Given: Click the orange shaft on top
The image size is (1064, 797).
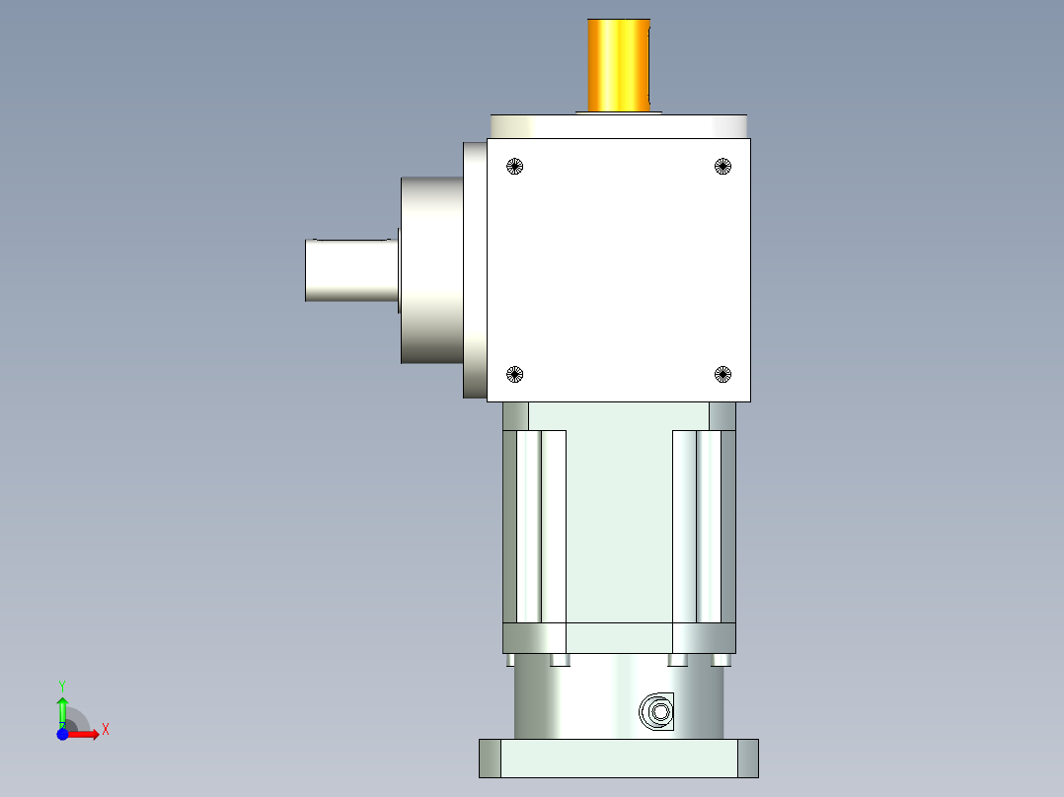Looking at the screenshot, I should [619, 65].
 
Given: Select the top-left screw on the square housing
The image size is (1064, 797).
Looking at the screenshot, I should [513, 166].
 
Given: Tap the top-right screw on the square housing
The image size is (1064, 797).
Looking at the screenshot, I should [722, 166].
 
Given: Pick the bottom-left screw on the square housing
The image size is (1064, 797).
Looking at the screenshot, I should [513, 374].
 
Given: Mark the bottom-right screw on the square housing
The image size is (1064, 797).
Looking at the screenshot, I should [722, 374].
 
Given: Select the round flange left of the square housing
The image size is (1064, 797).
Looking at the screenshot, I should [431, 270].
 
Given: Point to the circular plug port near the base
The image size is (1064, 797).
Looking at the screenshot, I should [656, 711].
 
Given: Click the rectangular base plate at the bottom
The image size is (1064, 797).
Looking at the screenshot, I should [619, 758].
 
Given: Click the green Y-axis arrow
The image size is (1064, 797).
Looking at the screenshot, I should [62, 709].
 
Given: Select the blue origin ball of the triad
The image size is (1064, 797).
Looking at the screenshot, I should [62, 734].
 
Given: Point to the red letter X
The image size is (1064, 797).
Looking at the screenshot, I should [106, 730].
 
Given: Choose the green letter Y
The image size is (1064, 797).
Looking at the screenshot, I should [62, 685].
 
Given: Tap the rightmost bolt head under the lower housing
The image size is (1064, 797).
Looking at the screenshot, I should [721, 660].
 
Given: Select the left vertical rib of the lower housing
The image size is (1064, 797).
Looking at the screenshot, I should [541, 527].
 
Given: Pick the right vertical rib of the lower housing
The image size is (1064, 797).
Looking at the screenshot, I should [697, 527].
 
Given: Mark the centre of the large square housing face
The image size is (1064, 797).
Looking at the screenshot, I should [619, 269].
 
